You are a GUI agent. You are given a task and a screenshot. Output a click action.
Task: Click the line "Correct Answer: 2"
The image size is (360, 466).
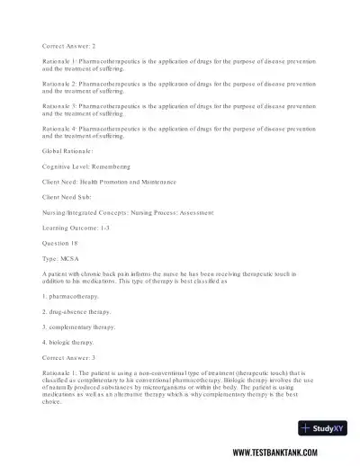point(68,44)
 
